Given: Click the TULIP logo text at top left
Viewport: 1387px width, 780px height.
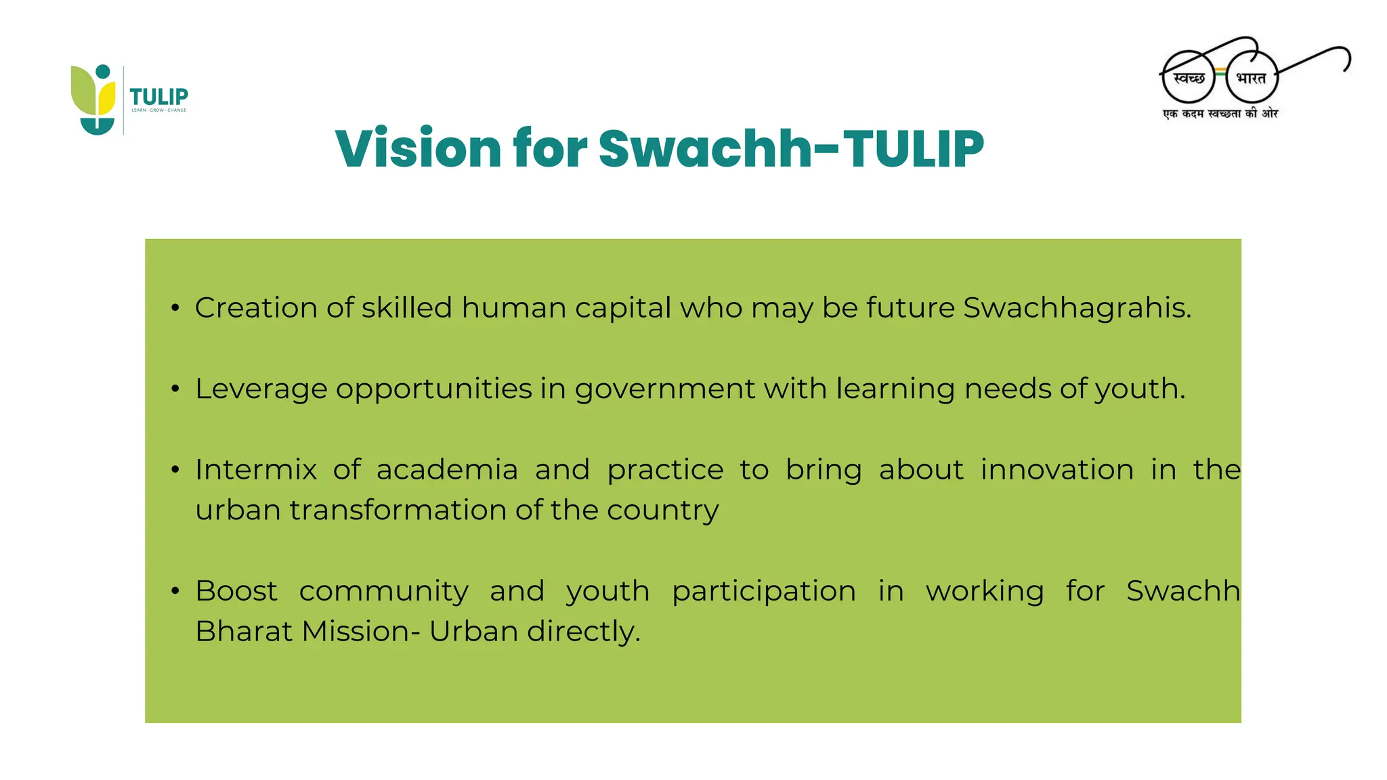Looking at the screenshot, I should tap(158, 97).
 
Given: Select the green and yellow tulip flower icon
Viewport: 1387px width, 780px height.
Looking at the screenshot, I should tap(94, 99).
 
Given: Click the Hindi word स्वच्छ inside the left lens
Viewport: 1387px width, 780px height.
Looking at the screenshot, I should tap(1189, 79).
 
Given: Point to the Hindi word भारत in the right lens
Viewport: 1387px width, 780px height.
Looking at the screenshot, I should tap(1251, 79).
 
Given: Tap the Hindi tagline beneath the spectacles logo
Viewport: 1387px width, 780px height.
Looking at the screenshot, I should tap(1220, 114).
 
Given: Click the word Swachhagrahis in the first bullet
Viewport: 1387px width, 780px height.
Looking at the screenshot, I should tap(1076, 308).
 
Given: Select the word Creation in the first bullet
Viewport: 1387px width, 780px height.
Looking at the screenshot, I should tap(256, 308).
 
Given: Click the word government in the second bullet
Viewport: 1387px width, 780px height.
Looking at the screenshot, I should tap(664, 389).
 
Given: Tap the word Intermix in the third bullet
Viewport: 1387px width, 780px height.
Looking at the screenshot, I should tap(256, 470).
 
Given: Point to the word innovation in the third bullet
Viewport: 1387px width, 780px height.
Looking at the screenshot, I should tap(1057, 470).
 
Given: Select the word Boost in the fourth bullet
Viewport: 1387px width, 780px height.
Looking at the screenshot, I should tap(236, 591).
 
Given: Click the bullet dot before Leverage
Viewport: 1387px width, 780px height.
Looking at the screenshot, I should tap(175, 389).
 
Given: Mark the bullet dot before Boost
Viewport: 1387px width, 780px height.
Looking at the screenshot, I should tap(175, 591).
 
